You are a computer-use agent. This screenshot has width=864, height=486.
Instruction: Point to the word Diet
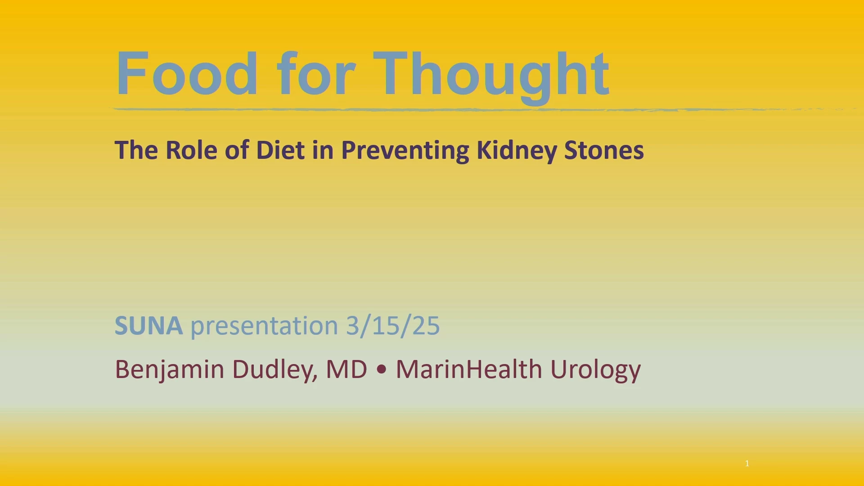(280, 150)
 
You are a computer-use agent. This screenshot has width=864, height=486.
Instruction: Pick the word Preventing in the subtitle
(405, 151)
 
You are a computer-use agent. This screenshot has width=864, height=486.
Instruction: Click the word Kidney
(517, 151)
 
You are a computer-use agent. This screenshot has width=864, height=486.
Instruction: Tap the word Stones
(604, 150)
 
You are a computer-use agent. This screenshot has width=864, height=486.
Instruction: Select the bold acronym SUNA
(149, 325)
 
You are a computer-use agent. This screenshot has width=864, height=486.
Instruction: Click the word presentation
(264, 327)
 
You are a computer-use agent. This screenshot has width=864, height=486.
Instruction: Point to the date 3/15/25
(393, 326)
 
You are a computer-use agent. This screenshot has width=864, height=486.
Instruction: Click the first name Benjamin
(170, 370)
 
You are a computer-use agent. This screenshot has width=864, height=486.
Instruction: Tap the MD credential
(346, 369)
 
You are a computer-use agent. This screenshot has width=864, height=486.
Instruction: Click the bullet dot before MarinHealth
(381, 370)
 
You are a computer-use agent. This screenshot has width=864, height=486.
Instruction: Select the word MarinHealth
(469, 369)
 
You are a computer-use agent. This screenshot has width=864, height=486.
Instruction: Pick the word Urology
(595, 370)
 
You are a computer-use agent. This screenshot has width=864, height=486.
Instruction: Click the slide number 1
(747, 463)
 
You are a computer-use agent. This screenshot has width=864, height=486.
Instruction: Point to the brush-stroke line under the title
(484, 109)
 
